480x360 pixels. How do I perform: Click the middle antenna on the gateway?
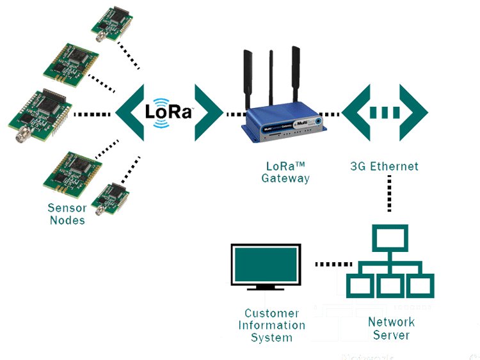(x=271, y=77)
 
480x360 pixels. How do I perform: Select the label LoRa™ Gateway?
(x=285, y=172)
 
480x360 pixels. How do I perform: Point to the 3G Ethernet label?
(x=384, y=166)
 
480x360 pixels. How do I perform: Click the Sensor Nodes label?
(x=67, y=214)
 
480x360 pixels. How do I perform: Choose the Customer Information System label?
(x=271, y=325)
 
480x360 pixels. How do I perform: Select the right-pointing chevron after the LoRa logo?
(x=209, y=113)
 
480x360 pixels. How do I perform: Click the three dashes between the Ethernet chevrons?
(x=385, y=113)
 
